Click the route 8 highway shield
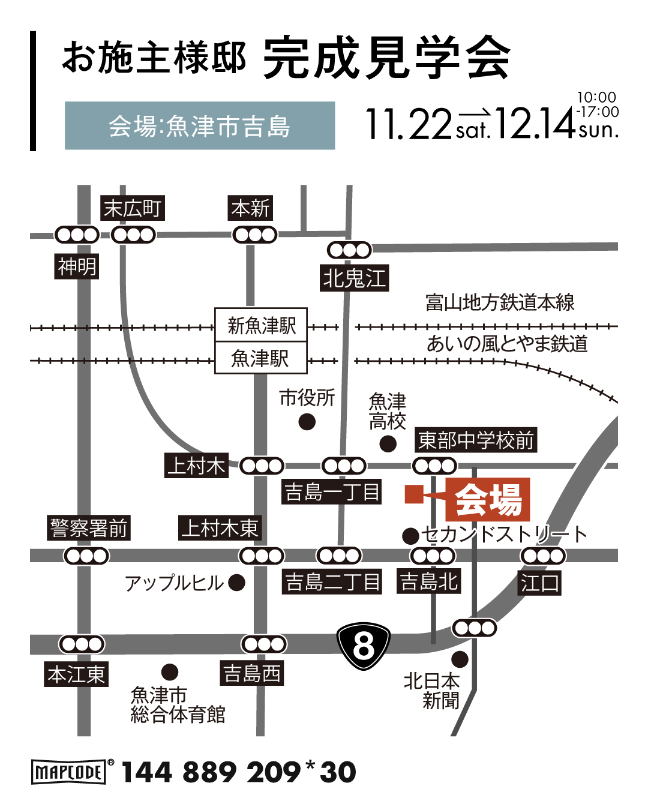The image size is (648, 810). point(364,646)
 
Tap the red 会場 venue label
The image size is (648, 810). point(488,499)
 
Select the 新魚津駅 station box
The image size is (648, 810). point(261,326)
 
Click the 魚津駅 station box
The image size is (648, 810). point(261,358)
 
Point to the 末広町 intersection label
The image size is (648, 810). point(132,209)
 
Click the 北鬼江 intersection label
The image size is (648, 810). point(354,278)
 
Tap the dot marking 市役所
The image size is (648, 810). point(307,422)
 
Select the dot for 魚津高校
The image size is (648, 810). point(388,444)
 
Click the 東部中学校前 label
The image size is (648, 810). point(475,440)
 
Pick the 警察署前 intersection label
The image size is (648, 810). point(89,529)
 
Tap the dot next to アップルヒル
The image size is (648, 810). point(237,583)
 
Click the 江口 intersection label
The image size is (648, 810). point(539,583)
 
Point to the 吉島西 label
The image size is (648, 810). point(252,673)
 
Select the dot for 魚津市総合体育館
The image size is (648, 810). point(170,671)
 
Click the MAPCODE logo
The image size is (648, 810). point(68,772)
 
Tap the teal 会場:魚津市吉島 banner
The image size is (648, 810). point(200,126)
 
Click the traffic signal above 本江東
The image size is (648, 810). point(82,644)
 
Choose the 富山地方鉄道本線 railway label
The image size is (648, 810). point(500,302)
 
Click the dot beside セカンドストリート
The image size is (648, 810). point(410,535)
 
